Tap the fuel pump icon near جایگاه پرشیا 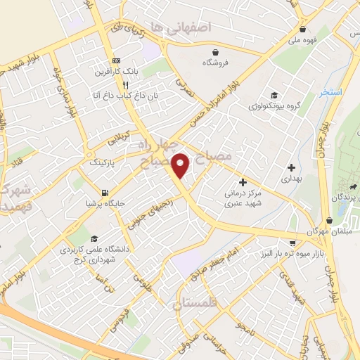pyautogui.click(x=105, y=193)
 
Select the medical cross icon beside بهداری pyautogui.click(x=291, y=167)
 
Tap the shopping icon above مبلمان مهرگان pyautogui.click(x=330, y=220)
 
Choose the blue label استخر pyautogui.click(x=330, y=92)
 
